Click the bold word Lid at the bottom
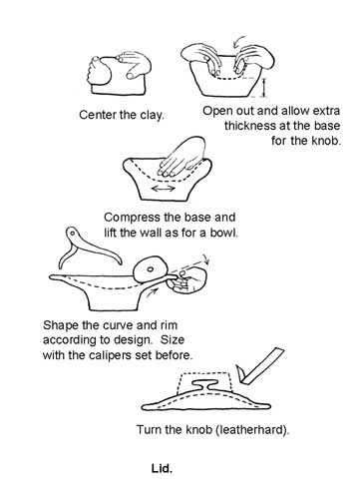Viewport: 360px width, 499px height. [x=162, y=468]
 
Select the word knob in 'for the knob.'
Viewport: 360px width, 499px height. [x=326, y=141]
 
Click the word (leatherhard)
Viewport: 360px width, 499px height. [x=252, y=429]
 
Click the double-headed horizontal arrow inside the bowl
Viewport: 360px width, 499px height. [x=163, y=189]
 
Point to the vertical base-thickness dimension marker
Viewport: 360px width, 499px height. [x=264, y=87]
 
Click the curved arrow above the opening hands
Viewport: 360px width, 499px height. [x=239, y=42]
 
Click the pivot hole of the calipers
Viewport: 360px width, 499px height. [x=71, y=233]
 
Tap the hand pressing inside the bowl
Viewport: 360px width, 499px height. [x=181, y=157]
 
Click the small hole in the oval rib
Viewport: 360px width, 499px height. [x=151, y=269]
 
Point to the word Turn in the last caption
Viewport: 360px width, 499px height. [x=149, y=429]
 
